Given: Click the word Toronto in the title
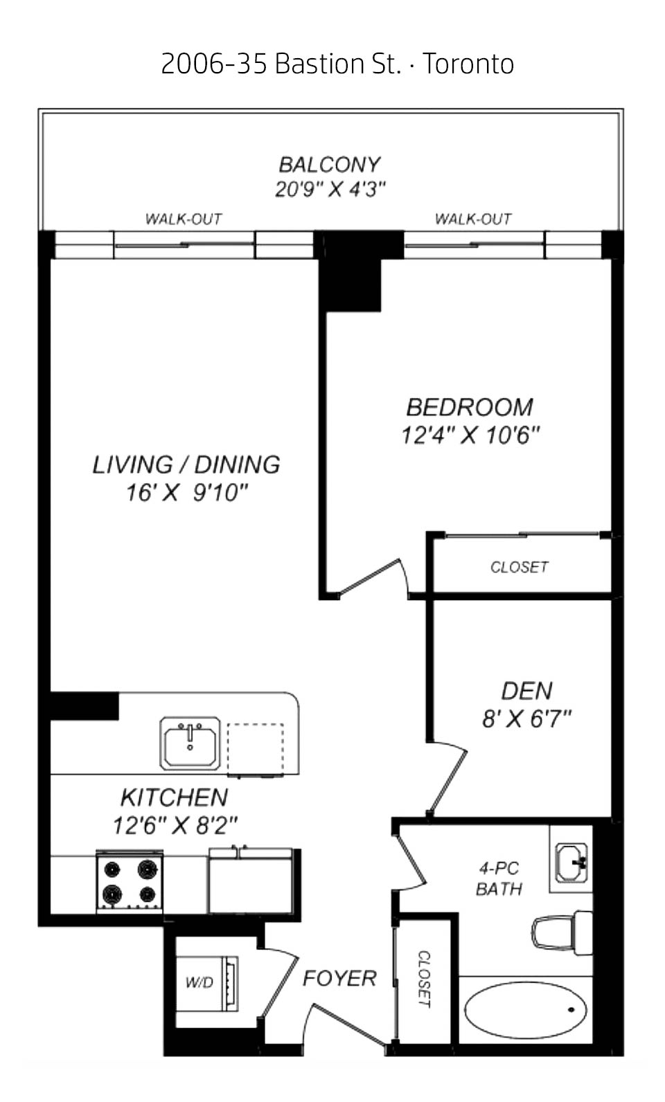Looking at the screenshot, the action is click(x=468, y=64).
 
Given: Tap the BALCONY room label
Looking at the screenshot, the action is click(x=329, y=165).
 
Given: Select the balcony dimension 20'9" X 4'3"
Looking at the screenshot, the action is click(x=329, y=189).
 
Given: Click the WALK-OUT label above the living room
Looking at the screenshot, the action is click(x=184, y=219).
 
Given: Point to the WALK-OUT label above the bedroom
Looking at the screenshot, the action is click(x=473, y=219).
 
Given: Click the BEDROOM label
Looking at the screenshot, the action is click(x=470, y=407).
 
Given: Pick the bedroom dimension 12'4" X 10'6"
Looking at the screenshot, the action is click(x=470, y=435).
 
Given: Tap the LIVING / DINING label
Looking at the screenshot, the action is click(x=186, y=465).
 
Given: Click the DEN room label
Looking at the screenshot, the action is click(x=526, y=692).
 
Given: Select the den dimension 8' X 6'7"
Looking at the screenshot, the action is click(x=526, y=719).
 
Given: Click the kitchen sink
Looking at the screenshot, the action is click(x=190, y=743).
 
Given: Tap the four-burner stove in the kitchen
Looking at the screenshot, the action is click(x=130, y=881).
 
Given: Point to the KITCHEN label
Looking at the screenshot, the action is click(x=175, y=797).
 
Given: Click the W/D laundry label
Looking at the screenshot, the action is click(x=199, y=982).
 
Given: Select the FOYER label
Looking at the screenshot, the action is click(x=339, y=978).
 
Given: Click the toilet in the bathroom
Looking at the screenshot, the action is click(x=562, y=933).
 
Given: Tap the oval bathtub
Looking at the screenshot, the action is click(x=526, y=1010).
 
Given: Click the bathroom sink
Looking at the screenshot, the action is click(x=571, y=863).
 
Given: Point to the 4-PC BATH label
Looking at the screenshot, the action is click(x=499, y=878).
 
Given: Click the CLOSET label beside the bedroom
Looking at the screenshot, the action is click(x=520, y=567).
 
